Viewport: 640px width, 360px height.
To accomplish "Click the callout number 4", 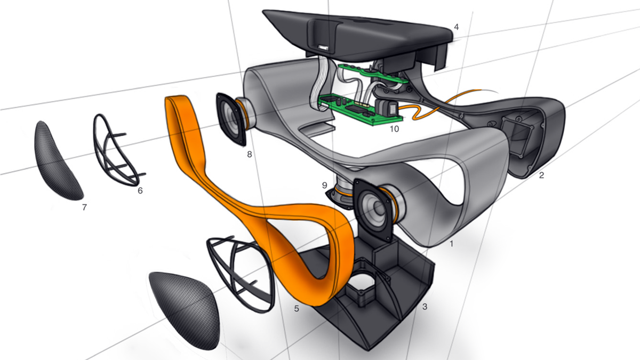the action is tap(457, 27).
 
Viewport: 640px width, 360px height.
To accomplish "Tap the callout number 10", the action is tap(394, 129).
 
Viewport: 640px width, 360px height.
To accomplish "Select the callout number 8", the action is tap(250, 155).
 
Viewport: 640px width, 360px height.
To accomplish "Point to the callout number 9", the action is tap(325, 186).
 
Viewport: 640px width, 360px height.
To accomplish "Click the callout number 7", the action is tap(84, 207).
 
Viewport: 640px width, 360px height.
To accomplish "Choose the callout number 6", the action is tap(140, 190).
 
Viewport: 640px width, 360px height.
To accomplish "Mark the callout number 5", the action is tap(297, 309).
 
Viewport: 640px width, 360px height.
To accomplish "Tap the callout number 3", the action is tap(425, 307).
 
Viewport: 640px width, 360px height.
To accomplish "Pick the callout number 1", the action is tap(452, 244).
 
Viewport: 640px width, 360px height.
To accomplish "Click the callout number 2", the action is tap(541, 175).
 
